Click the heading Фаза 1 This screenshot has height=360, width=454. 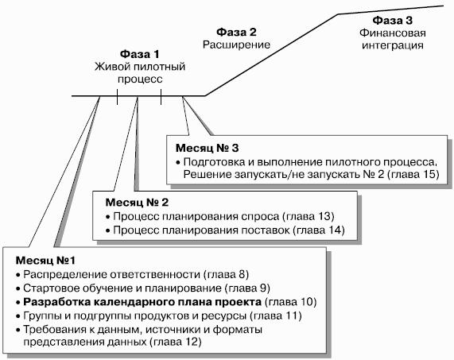coord(140,54)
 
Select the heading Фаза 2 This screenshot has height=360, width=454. coord(236,32)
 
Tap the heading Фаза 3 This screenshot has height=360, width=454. coord(392,21)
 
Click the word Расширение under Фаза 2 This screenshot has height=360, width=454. coord(236,45)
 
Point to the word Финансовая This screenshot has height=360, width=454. coord(393,33)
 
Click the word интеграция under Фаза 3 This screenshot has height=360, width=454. coord(393,45)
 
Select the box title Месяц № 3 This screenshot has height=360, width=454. coord(207,148)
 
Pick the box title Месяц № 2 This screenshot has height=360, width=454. coord(137,203)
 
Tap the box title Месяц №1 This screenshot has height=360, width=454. coord(45,261)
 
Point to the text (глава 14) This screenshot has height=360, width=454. coord(319,230)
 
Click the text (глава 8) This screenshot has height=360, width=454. coord(226,274)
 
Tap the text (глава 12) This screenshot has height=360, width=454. coord(175,342)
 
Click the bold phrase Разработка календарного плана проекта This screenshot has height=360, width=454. coord(142,302)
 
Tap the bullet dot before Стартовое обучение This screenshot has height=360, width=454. coord(18,288)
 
